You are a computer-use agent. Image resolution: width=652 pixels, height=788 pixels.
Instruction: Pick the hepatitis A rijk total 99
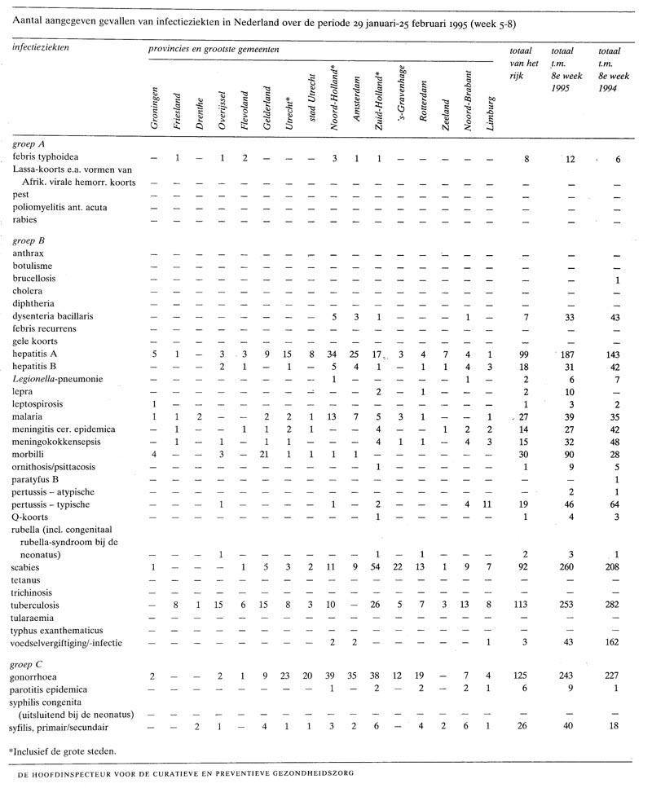coord(527,354)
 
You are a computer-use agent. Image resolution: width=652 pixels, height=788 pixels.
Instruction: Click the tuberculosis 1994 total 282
coord(618,605)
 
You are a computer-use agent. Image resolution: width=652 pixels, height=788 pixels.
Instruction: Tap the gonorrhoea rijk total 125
coord(527,678)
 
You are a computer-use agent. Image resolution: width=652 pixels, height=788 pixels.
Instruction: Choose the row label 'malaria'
coord(29,416)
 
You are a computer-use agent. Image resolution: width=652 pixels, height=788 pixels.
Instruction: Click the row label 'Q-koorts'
coord(32,517)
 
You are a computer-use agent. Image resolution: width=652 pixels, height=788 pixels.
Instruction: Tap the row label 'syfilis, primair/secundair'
coord(62,727)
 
